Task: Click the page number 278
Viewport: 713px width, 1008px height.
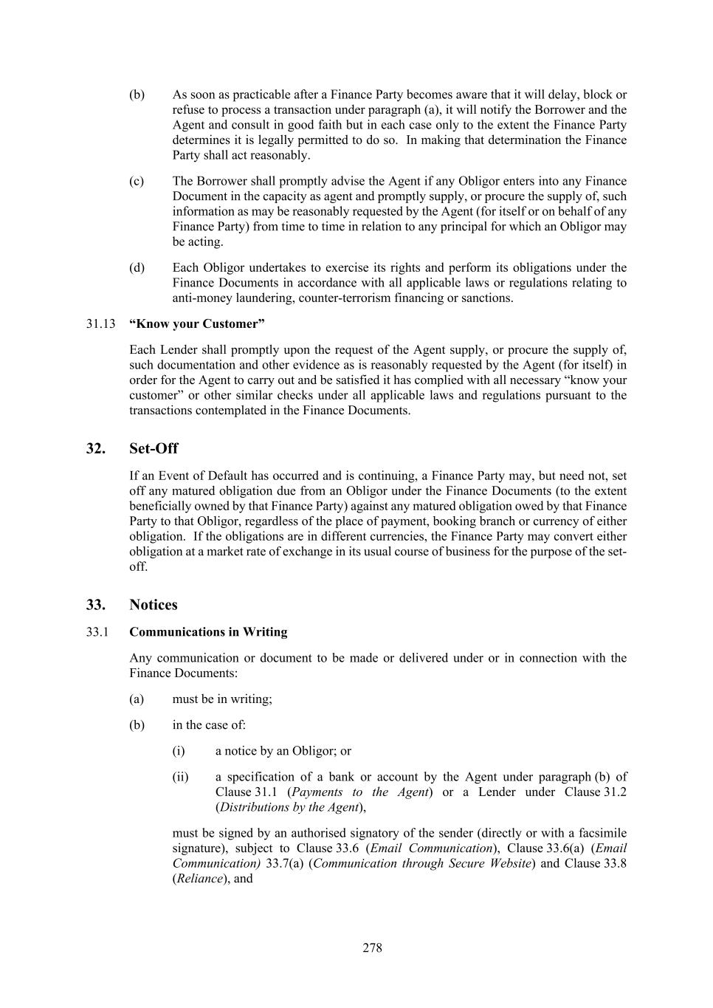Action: pos(372,947)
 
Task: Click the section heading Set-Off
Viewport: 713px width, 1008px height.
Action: pos(154,448)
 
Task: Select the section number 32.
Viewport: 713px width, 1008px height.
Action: pos(95,448)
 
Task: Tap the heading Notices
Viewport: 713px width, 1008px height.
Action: pos(154,604)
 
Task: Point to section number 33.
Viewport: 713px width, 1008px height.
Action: pos(95,604)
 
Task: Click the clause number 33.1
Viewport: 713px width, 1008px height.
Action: pos(97,632)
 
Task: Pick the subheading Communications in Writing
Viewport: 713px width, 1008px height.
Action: pos(208,632)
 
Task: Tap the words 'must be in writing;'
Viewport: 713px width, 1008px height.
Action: pos(222,699)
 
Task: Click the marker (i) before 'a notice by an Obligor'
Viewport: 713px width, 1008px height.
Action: pos(179,750)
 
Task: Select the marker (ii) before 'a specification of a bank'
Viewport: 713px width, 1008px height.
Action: pos(180,776)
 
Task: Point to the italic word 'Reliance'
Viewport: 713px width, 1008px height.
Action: pos(200,879)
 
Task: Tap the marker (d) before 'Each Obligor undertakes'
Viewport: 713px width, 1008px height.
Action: pos(137,267)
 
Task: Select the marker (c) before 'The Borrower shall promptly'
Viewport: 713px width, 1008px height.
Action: pos(137,181)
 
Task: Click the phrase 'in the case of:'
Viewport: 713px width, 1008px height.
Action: pos(209,724)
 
